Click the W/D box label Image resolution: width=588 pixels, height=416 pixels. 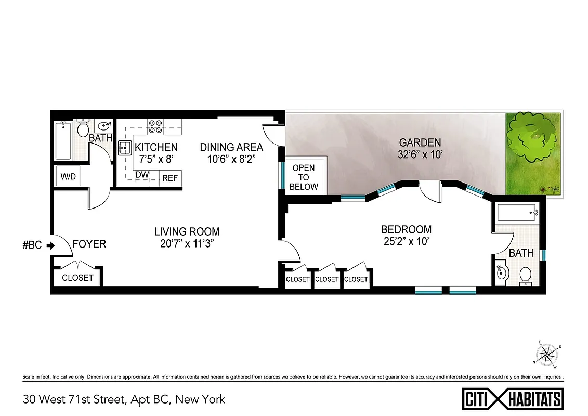pyautogui.click(x=68, y=176)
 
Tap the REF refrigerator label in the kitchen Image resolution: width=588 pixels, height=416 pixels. pyautogui.click(x=170, y=178)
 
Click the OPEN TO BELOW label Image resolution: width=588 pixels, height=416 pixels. pyautogui.click(x=304, y=177)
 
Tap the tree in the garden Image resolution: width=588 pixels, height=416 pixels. pyautogui.click(x=532, y=137)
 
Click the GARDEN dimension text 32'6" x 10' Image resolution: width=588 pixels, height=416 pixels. pyautogui.click(x=420, y=155)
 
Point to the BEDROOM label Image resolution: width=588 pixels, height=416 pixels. pyautogui.click(x=406, y=229)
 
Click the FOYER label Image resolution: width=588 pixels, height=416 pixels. pyautogui.click(x=89, y=244)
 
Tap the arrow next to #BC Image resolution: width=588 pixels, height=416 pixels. pyautogui.click(x=50, y=245)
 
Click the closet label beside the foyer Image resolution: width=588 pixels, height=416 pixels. pyautogui.click(x=77, y=278)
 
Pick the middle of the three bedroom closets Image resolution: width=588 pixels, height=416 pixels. pyautogui.click(x=327, y=279)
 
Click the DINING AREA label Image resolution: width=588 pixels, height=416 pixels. pyautogui.click(x=231, y=147)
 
